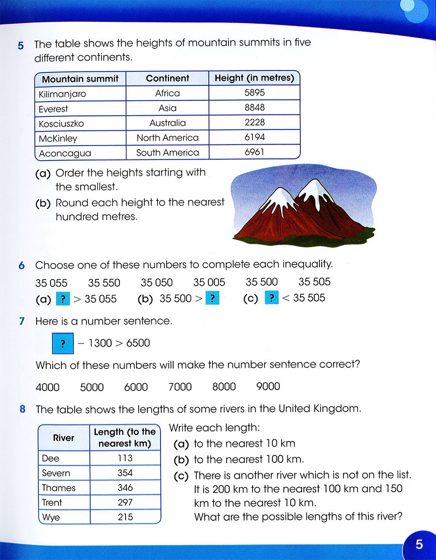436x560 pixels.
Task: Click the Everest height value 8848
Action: point(255,108)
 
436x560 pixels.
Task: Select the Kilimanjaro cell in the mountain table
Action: point(62,94)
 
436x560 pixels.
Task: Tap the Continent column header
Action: point(167,78)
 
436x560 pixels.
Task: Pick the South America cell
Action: point(167,153)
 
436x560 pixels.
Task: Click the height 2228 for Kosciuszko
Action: point(255,122)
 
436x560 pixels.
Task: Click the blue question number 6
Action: point(22,265)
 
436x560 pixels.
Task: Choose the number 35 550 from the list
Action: point(104,283)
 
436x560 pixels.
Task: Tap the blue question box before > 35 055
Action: point(63,299)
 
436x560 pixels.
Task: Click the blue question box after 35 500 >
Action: point(212,299)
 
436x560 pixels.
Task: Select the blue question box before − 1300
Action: point(63,344)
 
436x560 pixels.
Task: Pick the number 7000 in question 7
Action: point(180,387)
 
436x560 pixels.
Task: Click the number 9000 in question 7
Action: point(268,387)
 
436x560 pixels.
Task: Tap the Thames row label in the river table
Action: point(58,488)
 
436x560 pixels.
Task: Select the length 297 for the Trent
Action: point(125,502)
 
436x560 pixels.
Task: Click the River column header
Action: point(64,438)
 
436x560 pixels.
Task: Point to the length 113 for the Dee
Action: point(125,458)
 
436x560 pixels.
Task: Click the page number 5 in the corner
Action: point(419,544)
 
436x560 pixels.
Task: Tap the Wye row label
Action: point(51,517)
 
